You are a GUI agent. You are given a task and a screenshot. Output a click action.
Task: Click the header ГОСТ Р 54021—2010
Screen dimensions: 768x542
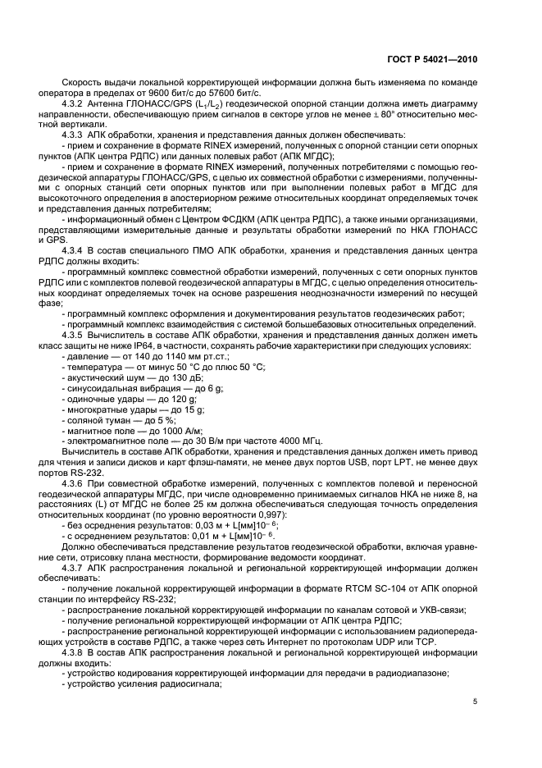[x=434, y=60]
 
